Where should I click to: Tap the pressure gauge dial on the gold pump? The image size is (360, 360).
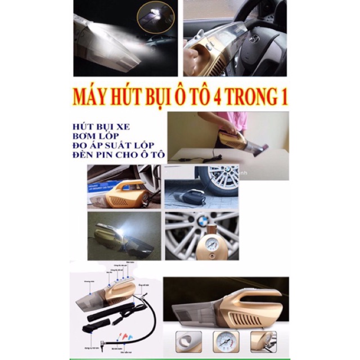click(x=201, y=245)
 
